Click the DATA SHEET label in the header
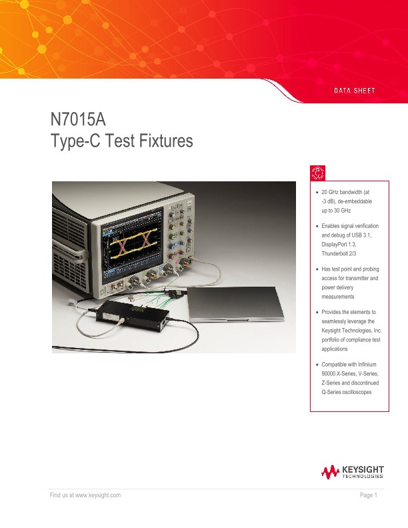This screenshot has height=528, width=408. coord(355,90)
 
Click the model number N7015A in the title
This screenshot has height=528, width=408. coord(78,121)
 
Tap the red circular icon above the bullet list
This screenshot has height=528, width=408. coord(318,172)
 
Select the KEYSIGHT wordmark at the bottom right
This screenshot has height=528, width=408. coord(363,471)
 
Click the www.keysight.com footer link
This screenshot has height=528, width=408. coord(97,495)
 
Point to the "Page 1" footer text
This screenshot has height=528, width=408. coord(369,495)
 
